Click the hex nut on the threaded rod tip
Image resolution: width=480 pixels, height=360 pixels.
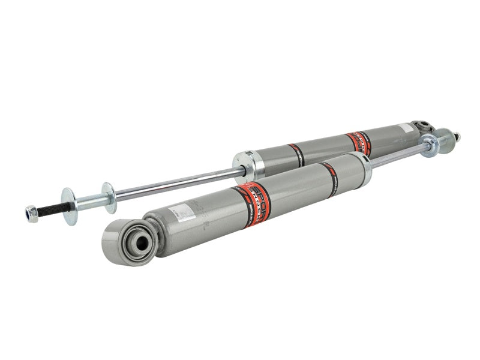point(32,212)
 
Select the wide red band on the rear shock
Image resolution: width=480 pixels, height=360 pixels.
point(358,143)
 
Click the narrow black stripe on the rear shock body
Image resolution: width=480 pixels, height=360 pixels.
point(296,155)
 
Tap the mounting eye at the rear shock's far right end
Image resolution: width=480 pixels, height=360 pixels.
point(422,128)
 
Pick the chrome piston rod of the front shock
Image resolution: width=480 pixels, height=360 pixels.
point(396,157)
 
